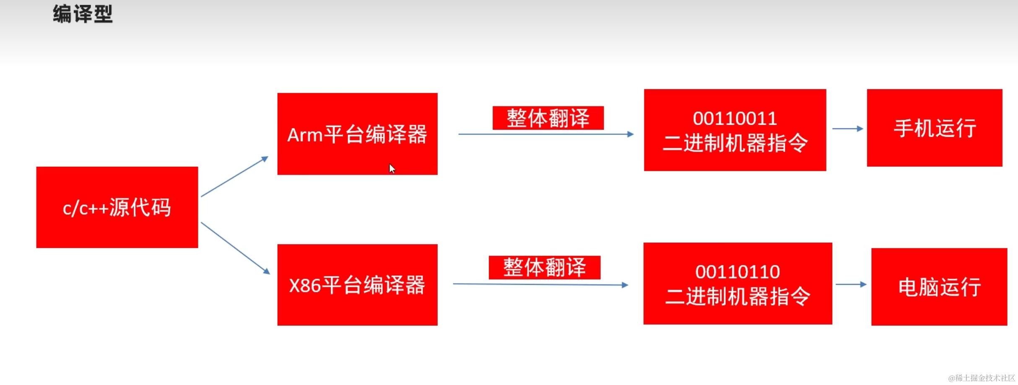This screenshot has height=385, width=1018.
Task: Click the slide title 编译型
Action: pos(83,14)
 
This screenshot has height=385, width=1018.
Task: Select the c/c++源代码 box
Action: pos(117,207)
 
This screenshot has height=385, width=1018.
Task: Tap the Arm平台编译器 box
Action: pos(357,134)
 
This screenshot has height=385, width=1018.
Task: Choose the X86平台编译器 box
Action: pos(357,285)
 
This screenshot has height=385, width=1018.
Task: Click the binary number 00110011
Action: pos(735,119)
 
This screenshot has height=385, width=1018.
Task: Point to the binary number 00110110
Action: pos(738,272)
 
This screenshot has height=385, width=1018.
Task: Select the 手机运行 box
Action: pos(935,128)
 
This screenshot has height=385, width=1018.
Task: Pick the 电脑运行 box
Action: pos(939,287)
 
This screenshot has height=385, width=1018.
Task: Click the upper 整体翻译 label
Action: pos(548,118)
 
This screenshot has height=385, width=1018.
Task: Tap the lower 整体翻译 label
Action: pos(544,267)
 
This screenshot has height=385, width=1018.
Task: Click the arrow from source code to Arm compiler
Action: pos(234,177)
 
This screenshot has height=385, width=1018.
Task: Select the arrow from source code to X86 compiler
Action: pos(235,248)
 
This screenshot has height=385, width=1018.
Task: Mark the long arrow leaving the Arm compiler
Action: pos(545,134)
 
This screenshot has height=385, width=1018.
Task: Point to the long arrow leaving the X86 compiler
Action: pos(540,284)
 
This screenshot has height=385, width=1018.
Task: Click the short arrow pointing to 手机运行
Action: pos(847,129)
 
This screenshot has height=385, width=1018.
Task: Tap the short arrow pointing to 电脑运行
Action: pos(851,284)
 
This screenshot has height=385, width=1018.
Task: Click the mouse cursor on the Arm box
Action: pos(392,168)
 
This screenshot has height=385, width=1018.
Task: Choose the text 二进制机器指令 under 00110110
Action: pos(738,297)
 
